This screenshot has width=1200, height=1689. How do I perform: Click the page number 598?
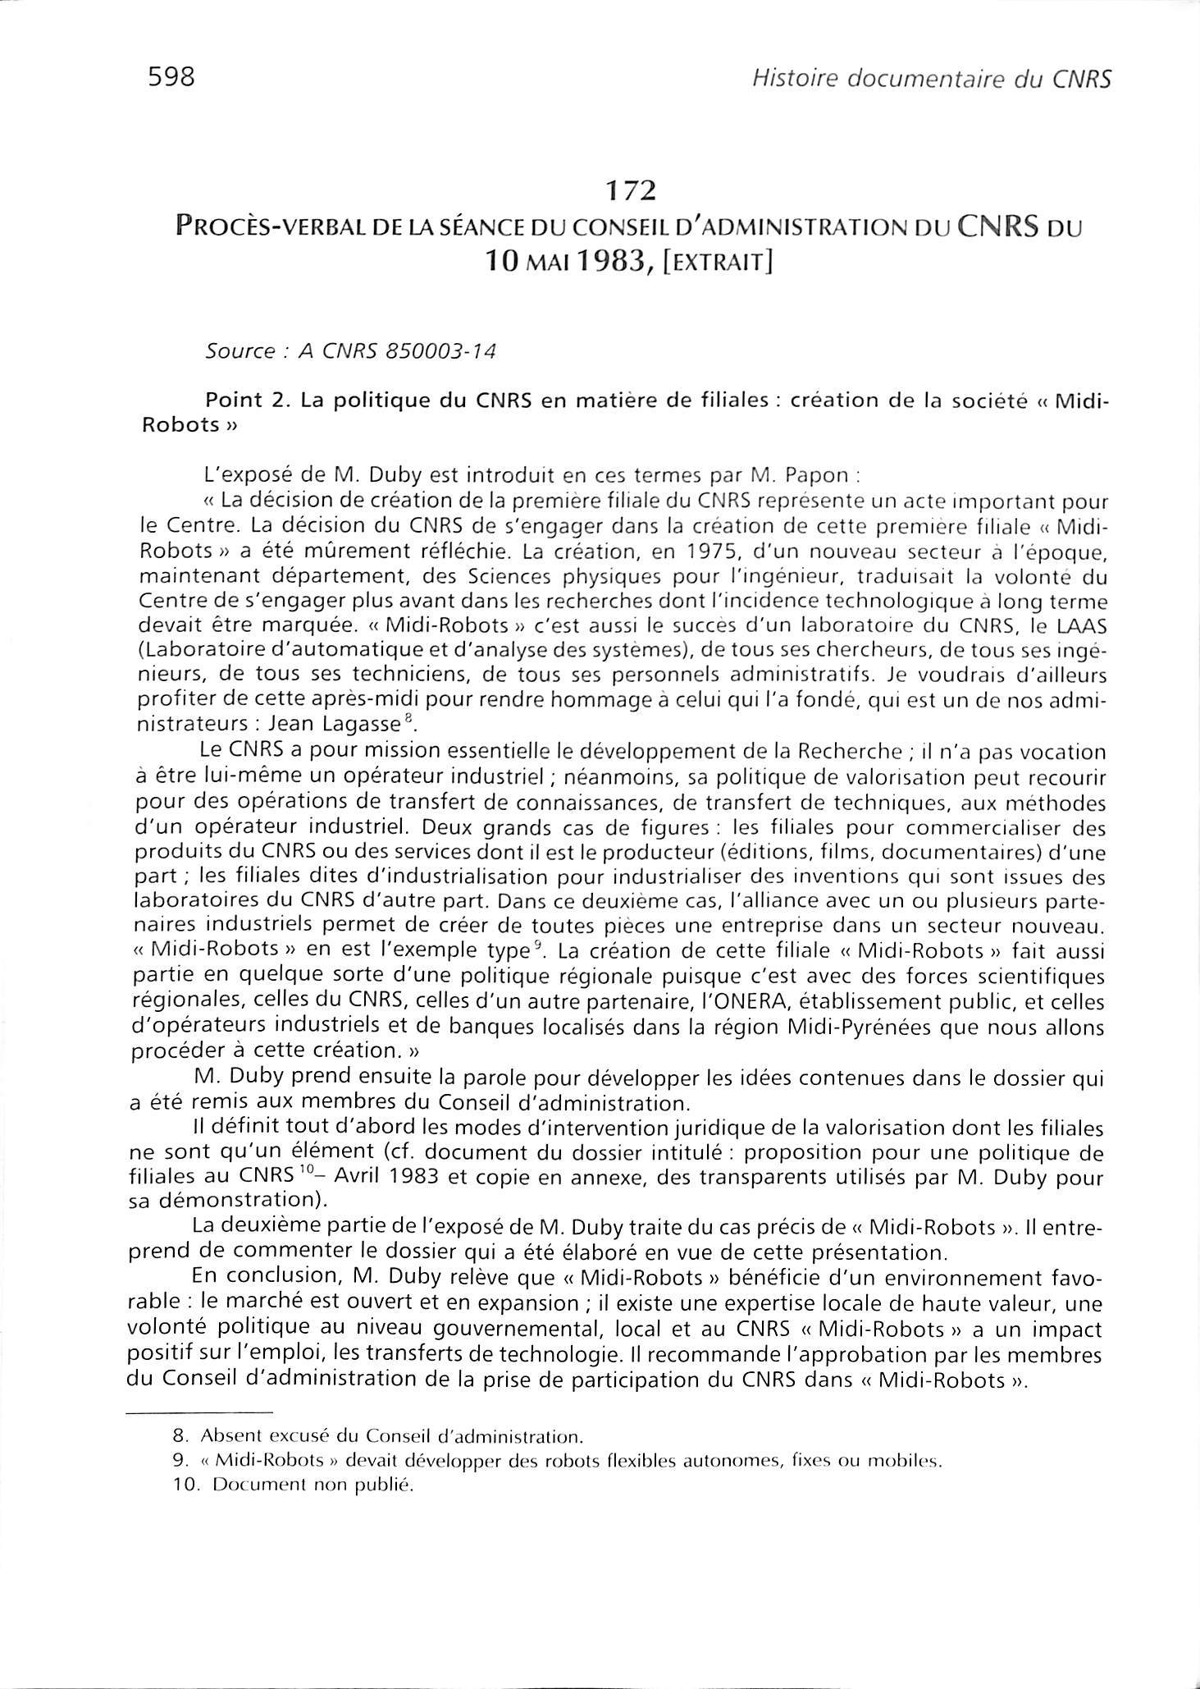171,77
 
